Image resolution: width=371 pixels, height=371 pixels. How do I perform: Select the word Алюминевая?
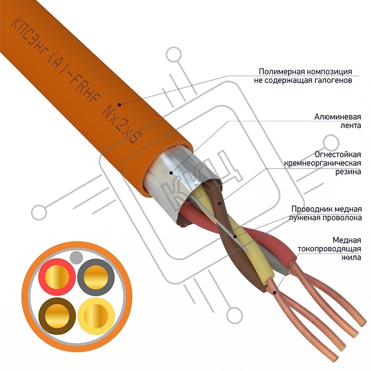click(338, 117)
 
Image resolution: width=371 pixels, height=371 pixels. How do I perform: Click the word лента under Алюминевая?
click(351, 125)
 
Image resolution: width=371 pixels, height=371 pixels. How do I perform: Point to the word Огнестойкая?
click(338, 154)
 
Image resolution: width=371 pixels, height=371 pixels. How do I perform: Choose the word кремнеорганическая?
click(322, 163)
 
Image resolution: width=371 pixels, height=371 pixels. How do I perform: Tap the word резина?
click(348, 172)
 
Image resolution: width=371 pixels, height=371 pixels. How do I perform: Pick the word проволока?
click(342, 217)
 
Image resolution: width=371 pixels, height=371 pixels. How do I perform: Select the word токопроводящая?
click(329, 249)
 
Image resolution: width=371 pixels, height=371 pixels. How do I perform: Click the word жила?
click(351, 257)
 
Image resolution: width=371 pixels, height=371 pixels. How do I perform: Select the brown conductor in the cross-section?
click(57, 316)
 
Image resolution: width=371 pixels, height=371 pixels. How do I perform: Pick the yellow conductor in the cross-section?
click(96, 316)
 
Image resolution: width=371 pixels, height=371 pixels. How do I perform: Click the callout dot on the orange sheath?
click(120, 104)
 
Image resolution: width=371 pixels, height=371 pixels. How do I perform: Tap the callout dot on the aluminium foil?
click(171, 173)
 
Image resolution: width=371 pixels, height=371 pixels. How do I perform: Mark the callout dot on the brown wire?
click(219, 203)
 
